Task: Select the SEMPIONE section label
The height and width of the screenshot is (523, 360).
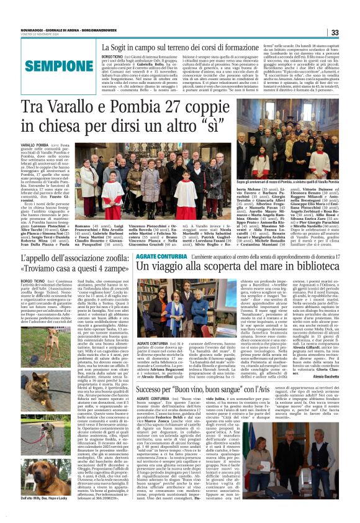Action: click(x=51, y=65)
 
